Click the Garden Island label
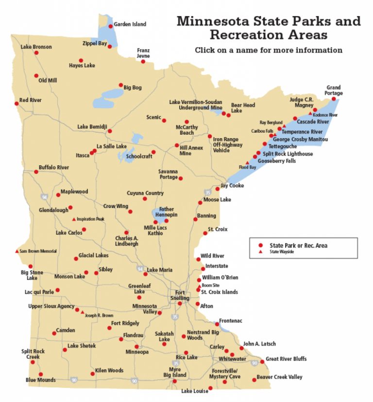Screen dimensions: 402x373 tap(130, 24)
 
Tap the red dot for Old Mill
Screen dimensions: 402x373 tap(36, 76)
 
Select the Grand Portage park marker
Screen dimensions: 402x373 tap(334, 99)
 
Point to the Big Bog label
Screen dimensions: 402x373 tap(133, 87)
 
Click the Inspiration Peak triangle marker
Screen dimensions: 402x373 tap(74, 219)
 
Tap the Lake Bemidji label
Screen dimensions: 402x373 tap(92, 127)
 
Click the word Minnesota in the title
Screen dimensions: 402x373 tap(211, 21)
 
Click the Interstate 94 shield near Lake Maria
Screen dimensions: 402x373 tap(140, 269)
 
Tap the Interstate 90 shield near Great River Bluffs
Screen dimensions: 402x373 tap(254, 362)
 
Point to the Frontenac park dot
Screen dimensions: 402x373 tap(217, 324)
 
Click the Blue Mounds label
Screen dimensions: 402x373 tap(40, 380)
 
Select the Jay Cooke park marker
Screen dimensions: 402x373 tap(217, 189)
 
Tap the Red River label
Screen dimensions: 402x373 tap(31, 100)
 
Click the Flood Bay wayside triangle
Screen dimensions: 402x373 tap(247, 163)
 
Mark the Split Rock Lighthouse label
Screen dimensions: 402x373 tap(288, 154)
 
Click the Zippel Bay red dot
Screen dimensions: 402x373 tap(110, 47)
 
